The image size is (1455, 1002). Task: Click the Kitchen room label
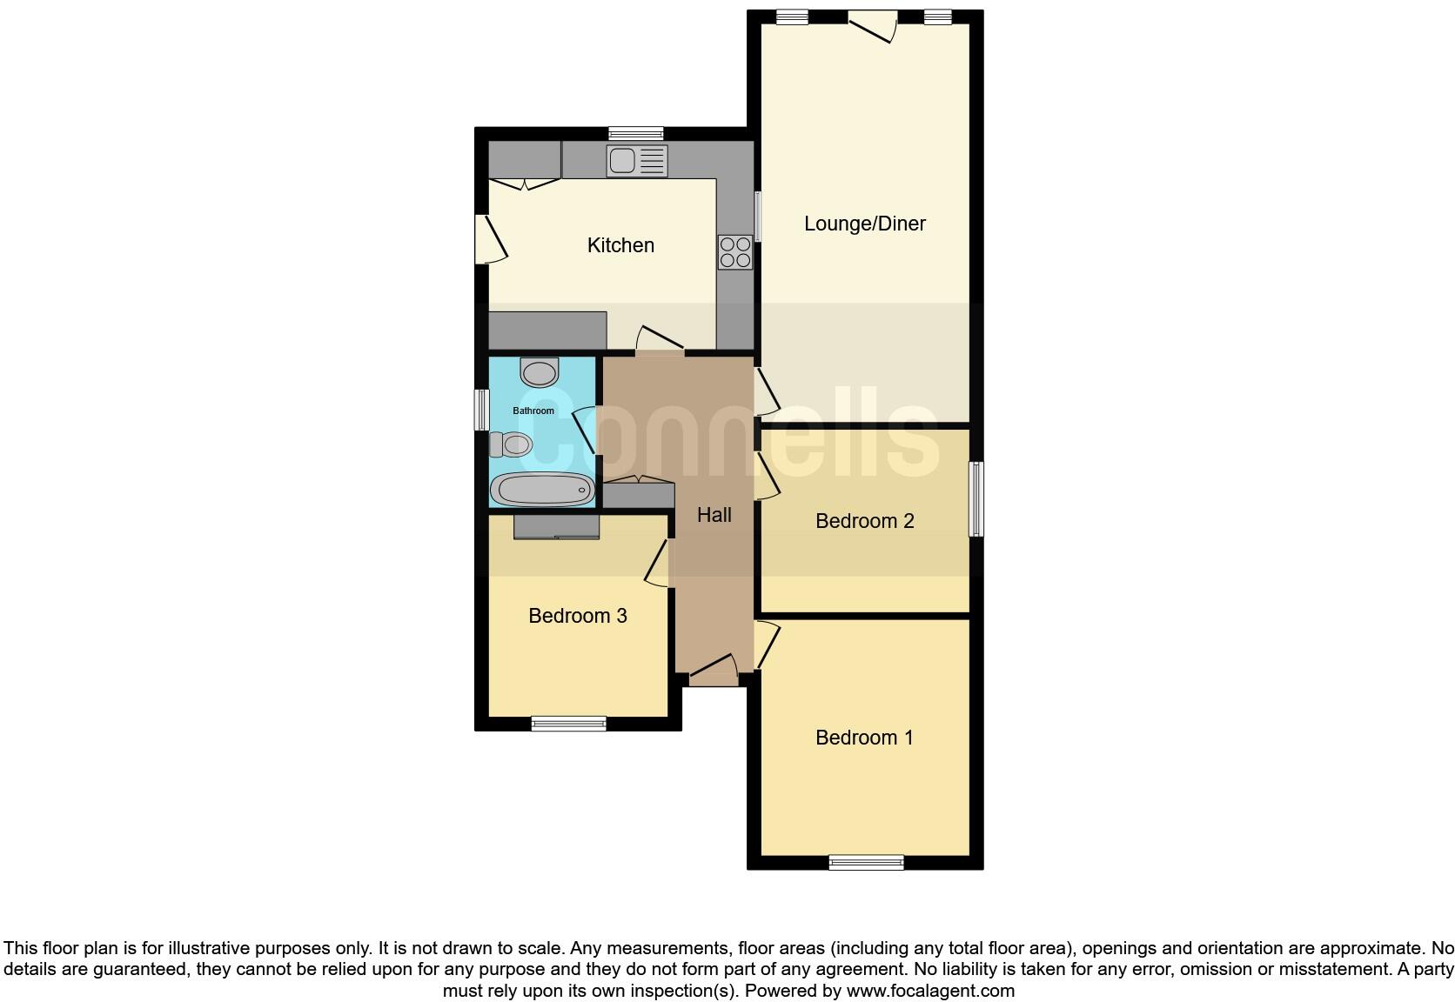click(x=620, y=245)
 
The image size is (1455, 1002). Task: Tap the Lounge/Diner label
click(x=864, y=224)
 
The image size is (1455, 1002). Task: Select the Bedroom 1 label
click(x=864, y=738)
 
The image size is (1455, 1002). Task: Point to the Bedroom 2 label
click(x=864, y=521)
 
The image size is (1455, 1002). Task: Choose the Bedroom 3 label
click(x=577, y=616)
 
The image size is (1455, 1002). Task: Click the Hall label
click(x=714, y=515)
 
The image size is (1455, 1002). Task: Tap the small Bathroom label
click(x=533, y=411)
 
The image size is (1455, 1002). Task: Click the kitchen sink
click(x=637, y=161)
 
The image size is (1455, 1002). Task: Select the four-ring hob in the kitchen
click(x=735, y=252)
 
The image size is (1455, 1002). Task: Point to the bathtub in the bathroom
click(x=541, y=490)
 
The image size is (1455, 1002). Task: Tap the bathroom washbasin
click(x=539, y=372)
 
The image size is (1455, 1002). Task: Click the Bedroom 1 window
click(x=866, y=863)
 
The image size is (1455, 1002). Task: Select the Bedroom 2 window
click(x=976, y=499)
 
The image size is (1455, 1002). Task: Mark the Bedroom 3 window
click(x=569, y=723)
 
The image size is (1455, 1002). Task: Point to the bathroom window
click(x=481, y=410)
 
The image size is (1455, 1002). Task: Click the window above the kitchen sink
click(x=635, y=134)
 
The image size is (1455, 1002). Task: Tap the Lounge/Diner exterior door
click(x=873, y=24)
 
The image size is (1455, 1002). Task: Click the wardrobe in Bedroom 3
click(x=556, y=527)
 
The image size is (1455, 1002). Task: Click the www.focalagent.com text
click(x=930, y=990)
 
